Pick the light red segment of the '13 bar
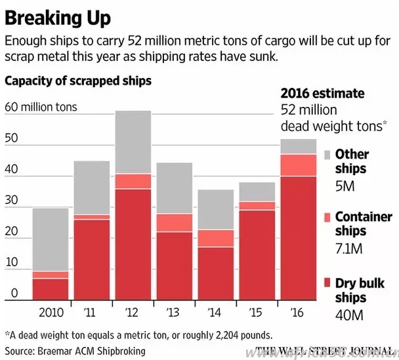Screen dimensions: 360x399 click(175, 223)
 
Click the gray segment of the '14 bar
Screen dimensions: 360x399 click(215, 209)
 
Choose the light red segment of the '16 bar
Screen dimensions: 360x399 click(298, 165)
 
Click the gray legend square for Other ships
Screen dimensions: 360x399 click(328, 155)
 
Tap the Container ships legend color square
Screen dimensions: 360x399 click(328, 218)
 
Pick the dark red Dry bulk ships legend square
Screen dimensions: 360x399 click(328, 283)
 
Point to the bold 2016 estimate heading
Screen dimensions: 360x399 click(322, 94)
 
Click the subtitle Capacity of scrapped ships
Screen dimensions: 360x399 click(78, 81)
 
